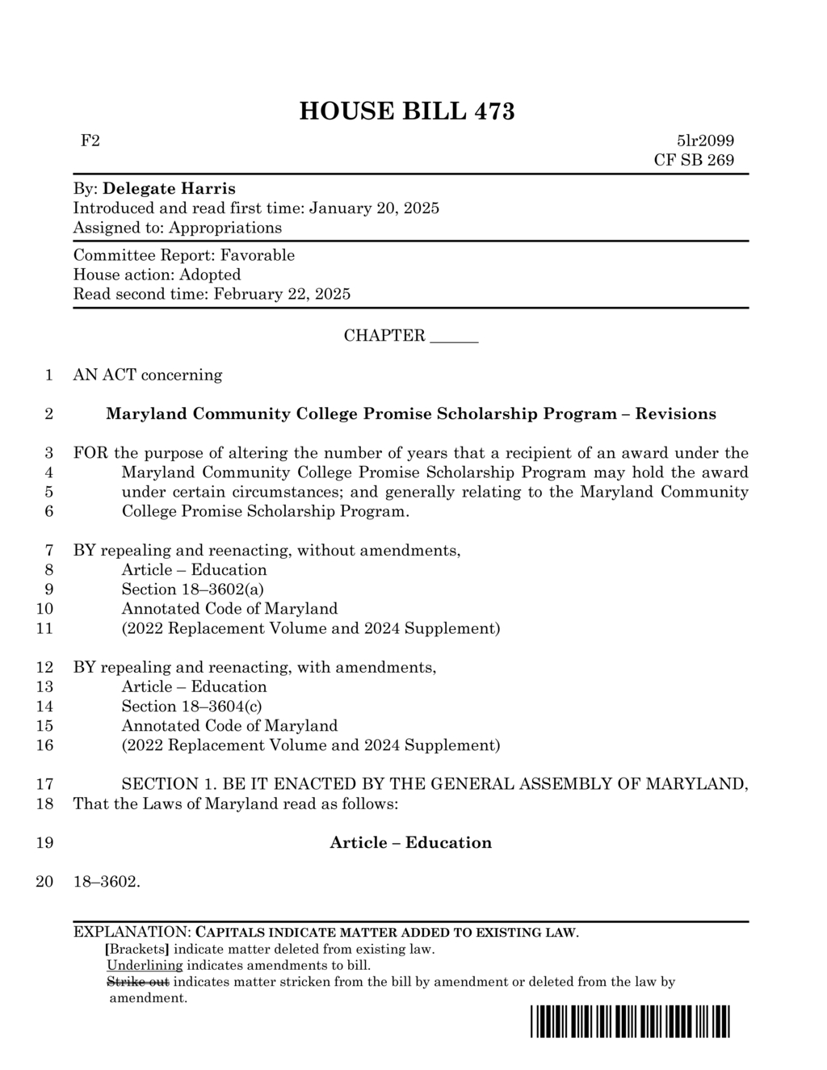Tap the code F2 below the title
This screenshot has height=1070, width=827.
pyautogui.click(x=90, y=141)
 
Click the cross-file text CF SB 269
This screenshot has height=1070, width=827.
pyautogui.click(x=694, y=160)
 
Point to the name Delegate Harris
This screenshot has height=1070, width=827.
pyautogui.click(x=170, y=189)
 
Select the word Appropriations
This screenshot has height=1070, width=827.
pyautogui.click(x=225, y=228)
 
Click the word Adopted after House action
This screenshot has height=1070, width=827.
pyautogui.click(x=210, y=275)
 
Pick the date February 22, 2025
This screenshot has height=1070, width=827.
pyautogui.click(x=282, y=294)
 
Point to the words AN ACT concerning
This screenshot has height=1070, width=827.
pyautogui.click(x=148, y=375)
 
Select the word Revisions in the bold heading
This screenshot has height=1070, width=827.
pyautogui.click(x=675, y=414)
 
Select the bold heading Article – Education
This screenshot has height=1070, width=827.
pyautogui.click(x=410, y=843)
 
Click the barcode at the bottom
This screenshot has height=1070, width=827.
pyautogui.click(x=630, y=1022)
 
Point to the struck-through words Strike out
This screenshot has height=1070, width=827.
pyautogui.click(x=138, y=982)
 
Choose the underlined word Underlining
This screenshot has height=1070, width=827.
pyautogui.click(x=145, y=965)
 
